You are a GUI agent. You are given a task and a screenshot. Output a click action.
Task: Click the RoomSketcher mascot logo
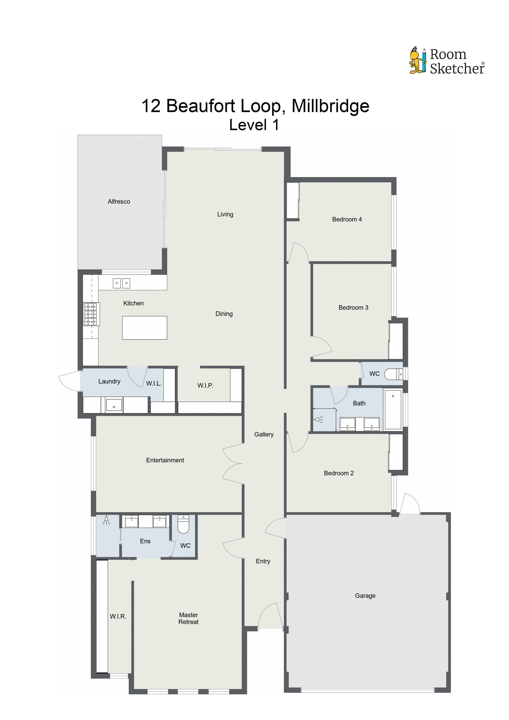coord(418,61)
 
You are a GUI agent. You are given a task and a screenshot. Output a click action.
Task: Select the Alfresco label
coord(119,202)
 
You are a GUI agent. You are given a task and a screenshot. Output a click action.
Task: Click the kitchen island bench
coord(144,328)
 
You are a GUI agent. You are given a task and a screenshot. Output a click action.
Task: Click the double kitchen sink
coord(121,283)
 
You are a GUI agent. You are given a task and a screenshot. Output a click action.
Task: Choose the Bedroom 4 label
coord(347,220)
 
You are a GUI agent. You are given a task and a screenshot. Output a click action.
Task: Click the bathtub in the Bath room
coord(393,409)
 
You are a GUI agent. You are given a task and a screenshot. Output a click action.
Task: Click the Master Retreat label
coord(188,618)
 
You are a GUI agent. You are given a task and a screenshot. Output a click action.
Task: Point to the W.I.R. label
coord(118,617)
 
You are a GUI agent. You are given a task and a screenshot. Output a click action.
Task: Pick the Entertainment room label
coord(165,460)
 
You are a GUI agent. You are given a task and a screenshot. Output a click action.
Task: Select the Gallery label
coord(264,434)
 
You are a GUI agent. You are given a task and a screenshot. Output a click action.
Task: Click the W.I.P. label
coord(205,385)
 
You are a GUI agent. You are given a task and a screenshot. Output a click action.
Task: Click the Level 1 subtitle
coord(254,125)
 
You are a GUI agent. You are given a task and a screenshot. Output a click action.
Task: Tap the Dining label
coord(224,314)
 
